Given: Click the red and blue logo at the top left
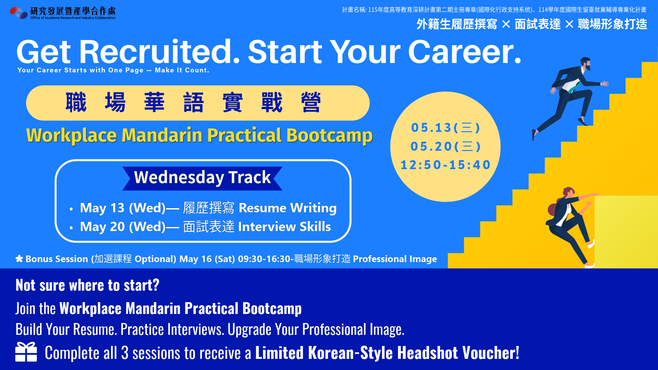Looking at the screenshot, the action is point(18,13).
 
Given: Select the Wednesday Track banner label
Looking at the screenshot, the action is point(202,178).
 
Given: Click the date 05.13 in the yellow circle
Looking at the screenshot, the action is point(431,128).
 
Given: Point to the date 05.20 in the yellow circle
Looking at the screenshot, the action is point(431,147).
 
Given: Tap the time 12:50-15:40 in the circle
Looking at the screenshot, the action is point(446,165).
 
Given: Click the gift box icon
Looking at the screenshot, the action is point(26,352).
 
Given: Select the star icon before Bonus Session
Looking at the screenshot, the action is point(19,259).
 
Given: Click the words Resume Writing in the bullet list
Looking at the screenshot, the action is point(288,208).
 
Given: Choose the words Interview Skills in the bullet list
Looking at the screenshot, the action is point(284,227).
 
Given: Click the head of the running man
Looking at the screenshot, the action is point(586,64).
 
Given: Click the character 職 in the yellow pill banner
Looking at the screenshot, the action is point(76,102).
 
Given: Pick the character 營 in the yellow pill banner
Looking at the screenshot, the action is point(311,102).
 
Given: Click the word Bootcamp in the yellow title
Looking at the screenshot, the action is point(329,136).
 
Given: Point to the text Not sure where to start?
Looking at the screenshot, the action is point(87,285).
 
